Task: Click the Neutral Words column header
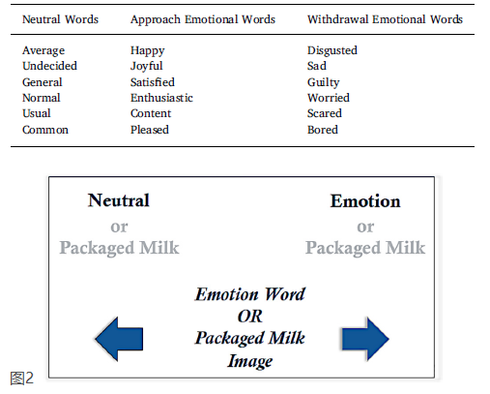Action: pos(60,19)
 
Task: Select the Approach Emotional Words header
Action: pos(203,19)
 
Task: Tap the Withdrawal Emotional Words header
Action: pos(385,19)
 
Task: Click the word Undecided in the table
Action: pos(49,66)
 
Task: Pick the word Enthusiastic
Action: pos(161,98)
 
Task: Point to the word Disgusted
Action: pos(332,50)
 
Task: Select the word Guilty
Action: pos(323,82)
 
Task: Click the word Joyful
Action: pos(147,66)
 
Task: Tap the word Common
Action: pos(45,130)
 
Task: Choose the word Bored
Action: pos(323,130)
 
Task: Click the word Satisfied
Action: pos(153,82)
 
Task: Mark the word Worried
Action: pos(329,98)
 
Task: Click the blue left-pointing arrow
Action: pos(119,339)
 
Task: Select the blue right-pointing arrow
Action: pos(365,339)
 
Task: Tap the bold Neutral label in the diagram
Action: pos(119,200)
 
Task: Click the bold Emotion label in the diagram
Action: pos(365,201)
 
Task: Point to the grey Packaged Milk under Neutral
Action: pos(119,248)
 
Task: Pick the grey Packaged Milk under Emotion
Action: pos(365,248)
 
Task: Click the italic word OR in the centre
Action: pos(250,317)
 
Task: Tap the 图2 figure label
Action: pos(21,378)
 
